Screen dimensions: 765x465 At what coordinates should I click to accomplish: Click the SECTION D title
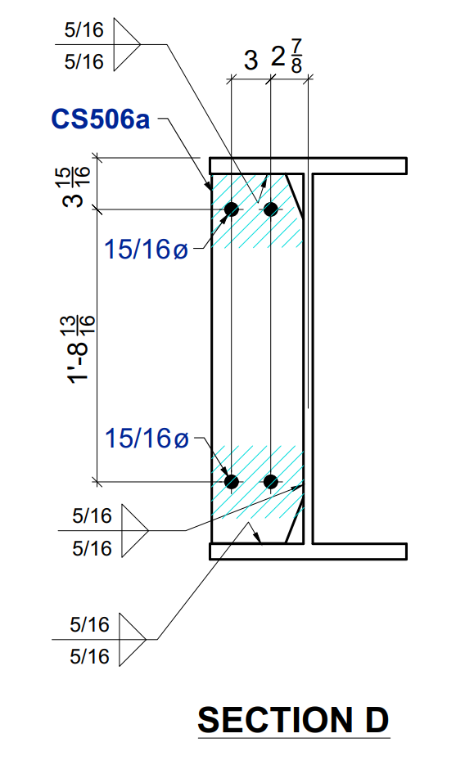293,720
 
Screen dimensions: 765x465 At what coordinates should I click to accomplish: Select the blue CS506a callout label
101,119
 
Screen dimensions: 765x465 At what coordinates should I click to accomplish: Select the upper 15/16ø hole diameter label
147,249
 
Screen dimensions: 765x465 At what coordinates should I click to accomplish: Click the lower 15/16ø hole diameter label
147,439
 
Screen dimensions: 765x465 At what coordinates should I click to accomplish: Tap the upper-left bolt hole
232,209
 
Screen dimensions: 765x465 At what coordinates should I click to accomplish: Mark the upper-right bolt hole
270,209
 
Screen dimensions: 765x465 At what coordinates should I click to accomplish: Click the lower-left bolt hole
232,481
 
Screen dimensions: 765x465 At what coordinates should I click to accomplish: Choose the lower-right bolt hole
270,481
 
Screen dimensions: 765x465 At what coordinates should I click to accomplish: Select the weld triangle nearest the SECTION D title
131,639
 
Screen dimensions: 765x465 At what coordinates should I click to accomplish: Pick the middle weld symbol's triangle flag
133,531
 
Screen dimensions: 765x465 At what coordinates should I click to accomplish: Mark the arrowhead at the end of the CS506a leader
207,186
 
